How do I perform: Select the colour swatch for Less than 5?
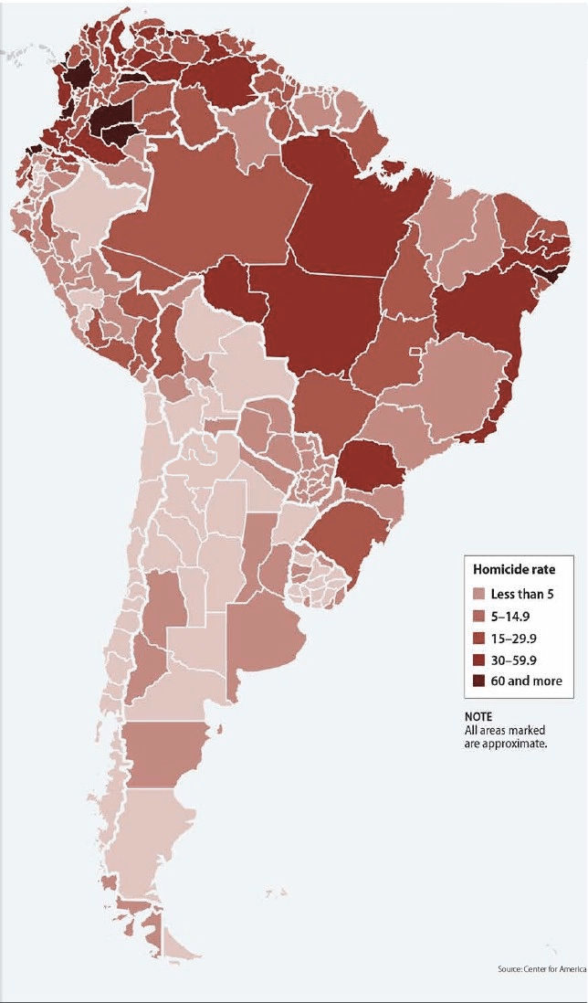tap(479, 594)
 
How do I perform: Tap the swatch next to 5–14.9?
tap(479, 616)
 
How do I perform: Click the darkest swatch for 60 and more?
tap(479, 681)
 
